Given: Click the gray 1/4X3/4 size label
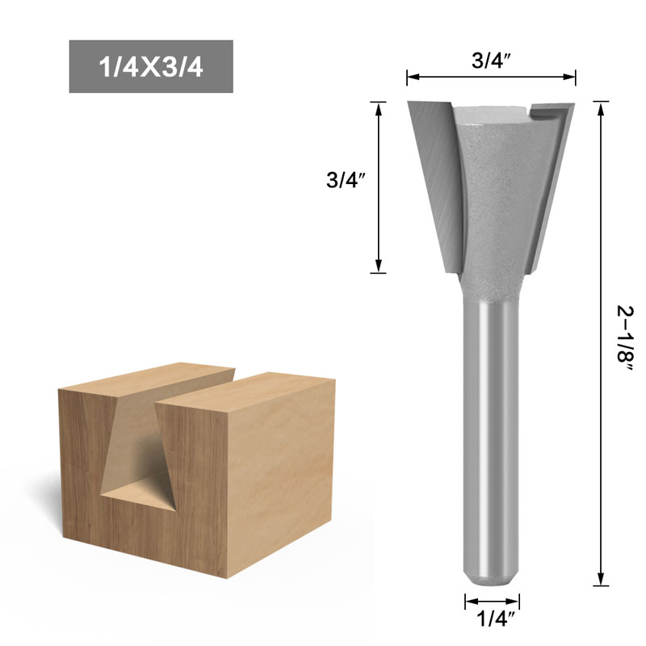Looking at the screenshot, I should pyautogui.click(x=151, y=66).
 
